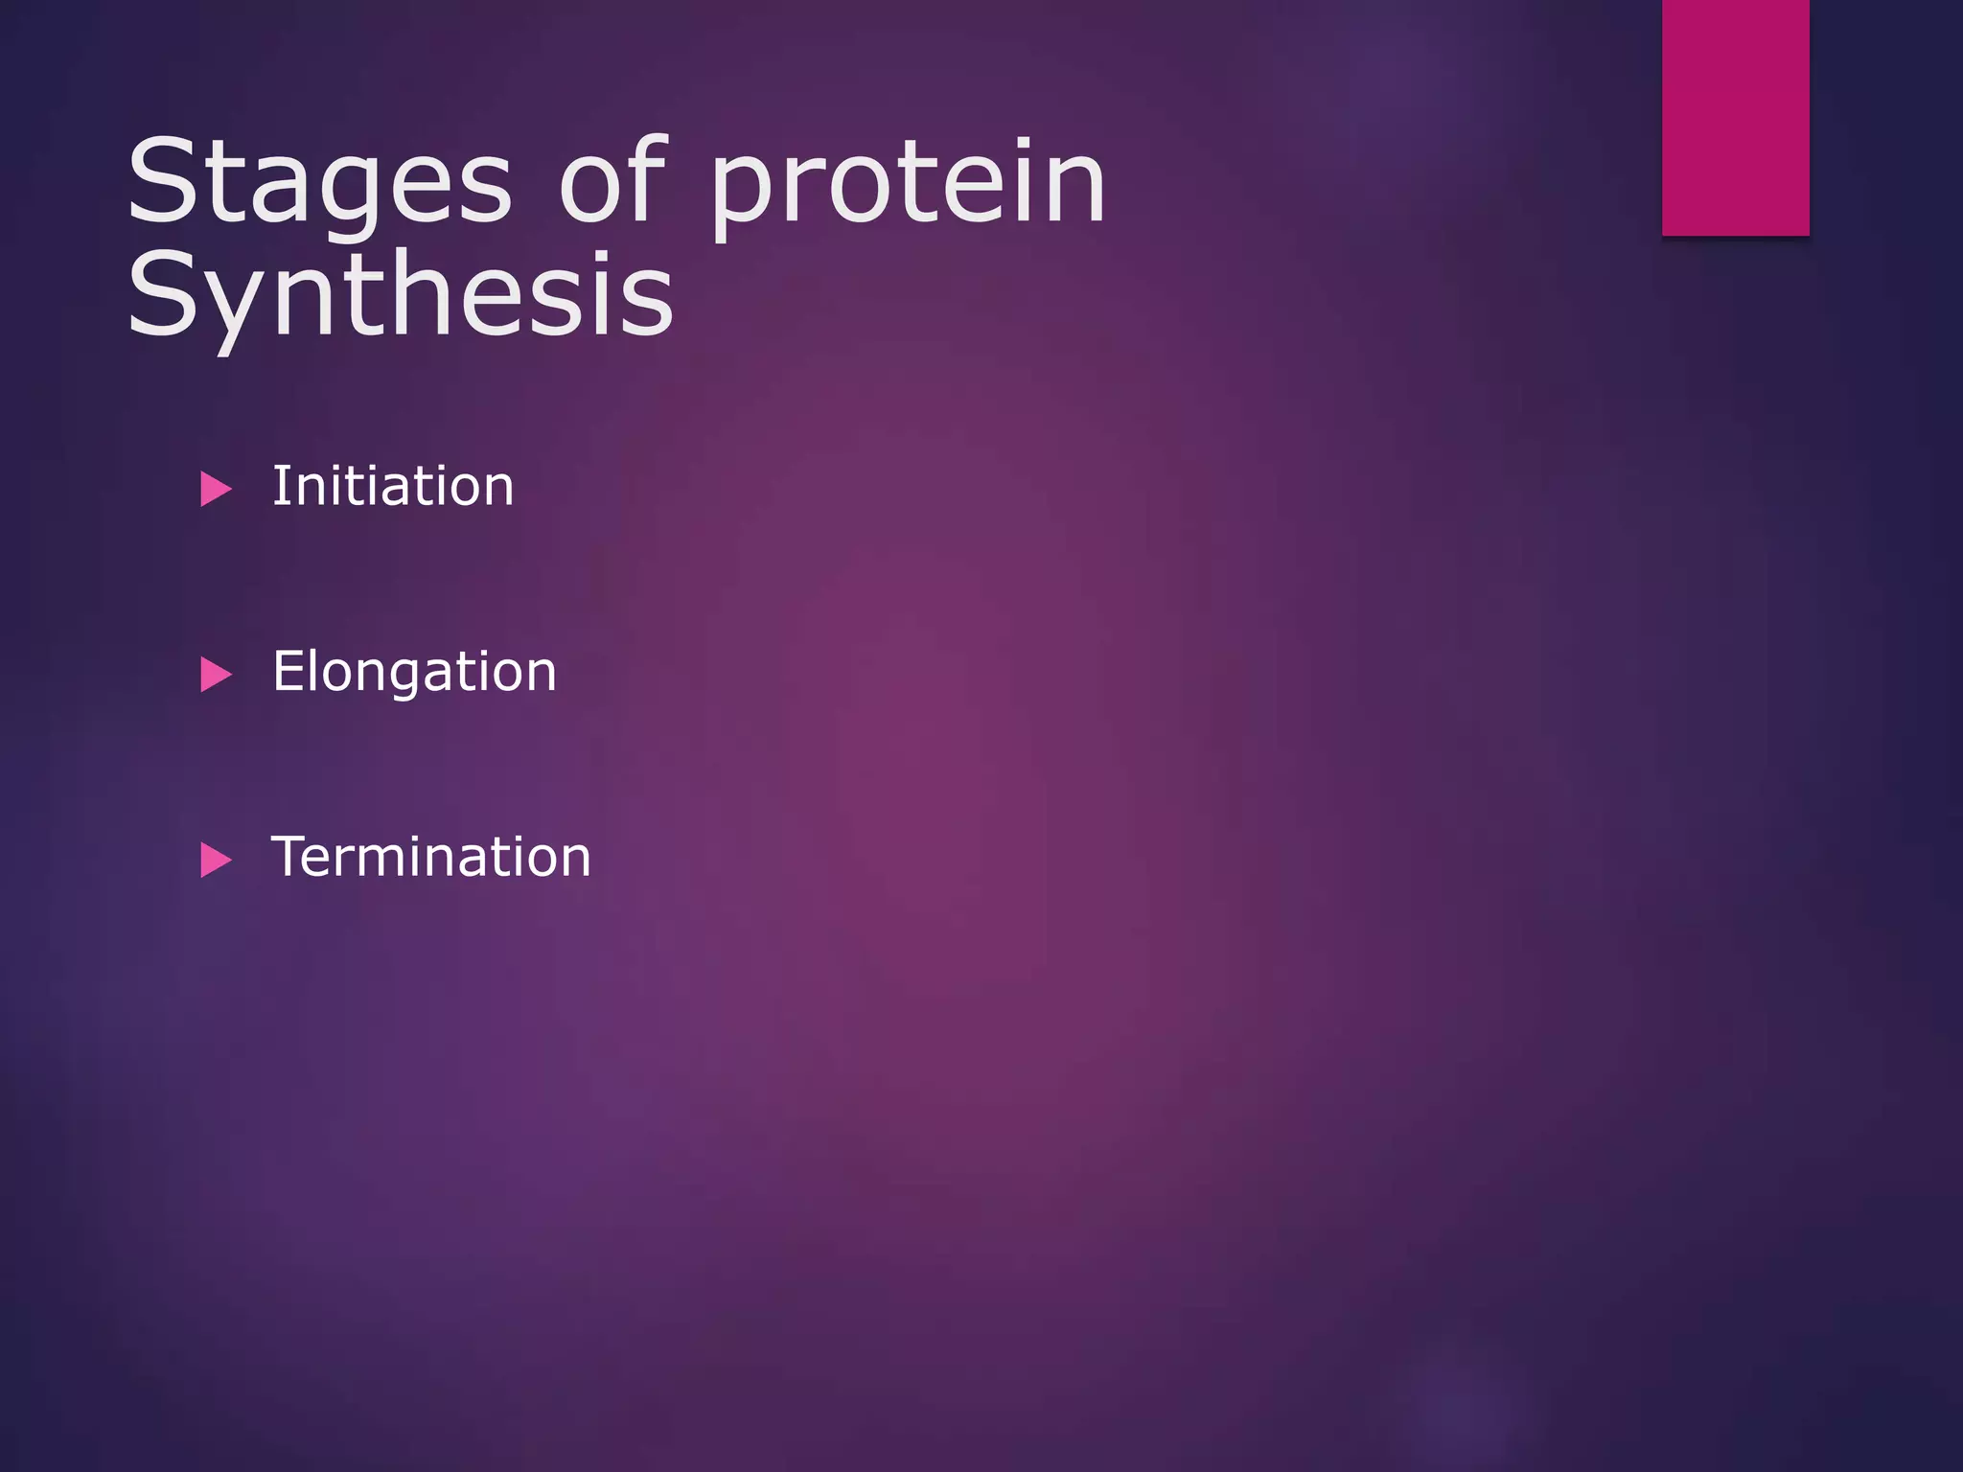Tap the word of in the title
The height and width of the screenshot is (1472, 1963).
(x=612, y=182)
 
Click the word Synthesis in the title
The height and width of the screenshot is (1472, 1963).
(x=400, y=295)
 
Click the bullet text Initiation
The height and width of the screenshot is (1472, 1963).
(x=393, y=486)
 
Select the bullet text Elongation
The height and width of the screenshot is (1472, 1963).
(x=414, y=671)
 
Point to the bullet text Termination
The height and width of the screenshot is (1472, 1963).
(x=430, y=857)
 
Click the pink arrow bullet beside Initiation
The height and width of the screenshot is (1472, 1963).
(x=215, y=489)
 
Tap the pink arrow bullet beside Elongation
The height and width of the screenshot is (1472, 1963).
(x=215, y=675)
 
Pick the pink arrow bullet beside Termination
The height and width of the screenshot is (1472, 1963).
(x=215, y=860)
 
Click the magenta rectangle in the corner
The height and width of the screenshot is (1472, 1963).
(x=1735, y=117)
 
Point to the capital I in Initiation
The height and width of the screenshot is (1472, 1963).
(x=279, y=486)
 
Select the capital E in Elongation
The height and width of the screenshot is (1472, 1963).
(x=289, y=671)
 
